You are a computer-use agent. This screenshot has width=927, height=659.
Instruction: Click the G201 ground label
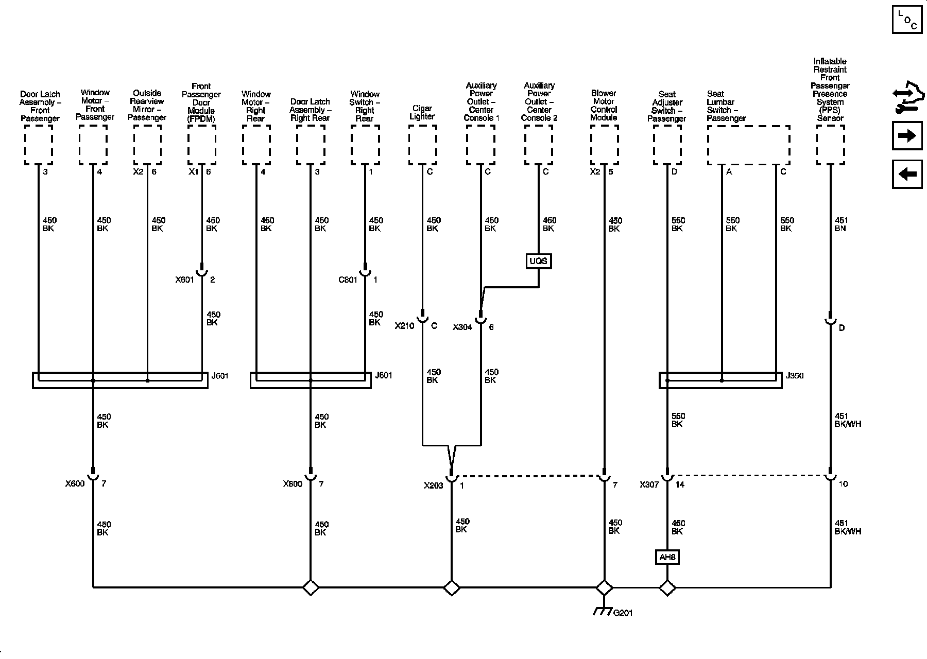pos(623,613)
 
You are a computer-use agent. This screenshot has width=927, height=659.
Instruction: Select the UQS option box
pos(538,261)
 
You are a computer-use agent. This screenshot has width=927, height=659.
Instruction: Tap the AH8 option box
pos(667,557)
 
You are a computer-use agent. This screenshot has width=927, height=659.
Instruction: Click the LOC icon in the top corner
pos(907,20)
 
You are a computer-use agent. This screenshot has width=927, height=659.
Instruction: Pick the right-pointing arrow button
pos(907,135)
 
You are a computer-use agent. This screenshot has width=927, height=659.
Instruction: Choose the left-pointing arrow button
pos(907,174)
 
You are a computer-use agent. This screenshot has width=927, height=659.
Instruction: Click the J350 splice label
pos(795,376)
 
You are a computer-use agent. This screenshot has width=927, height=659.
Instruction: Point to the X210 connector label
pos(405,326)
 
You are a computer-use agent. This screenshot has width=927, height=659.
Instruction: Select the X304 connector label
pos(462,327)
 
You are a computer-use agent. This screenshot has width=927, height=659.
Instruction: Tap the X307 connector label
pos(649,484)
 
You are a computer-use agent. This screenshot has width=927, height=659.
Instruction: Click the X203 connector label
pos(434,485)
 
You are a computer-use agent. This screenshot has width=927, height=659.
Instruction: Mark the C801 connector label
pos(348,280)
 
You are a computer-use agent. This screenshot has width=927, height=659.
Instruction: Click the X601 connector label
pos(184,280)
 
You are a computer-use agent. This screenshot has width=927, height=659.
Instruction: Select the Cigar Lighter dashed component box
pos(422,145)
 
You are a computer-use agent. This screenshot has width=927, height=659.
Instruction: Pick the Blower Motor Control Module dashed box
pos(604,145)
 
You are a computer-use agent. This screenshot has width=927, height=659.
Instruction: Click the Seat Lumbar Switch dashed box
pos(748,145)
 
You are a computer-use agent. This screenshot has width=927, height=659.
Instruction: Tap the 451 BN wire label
pos(840,224)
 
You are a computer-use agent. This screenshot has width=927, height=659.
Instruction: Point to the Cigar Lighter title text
pos(422,112)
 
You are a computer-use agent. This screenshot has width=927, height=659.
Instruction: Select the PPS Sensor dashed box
pos(830,145)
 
